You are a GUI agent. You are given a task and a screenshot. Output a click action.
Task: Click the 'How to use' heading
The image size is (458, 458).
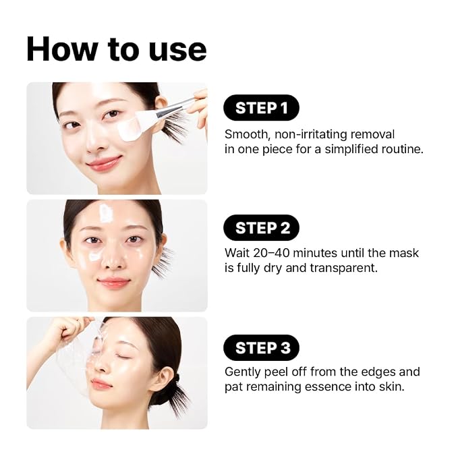tap(116, 50)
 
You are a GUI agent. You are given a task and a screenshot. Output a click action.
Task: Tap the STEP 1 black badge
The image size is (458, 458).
tap(261, 107)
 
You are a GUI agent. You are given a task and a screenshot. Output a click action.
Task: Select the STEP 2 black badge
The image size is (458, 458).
tap(261, 227)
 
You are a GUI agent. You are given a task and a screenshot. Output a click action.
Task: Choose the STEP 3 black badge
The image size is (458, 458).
tap(261, 347)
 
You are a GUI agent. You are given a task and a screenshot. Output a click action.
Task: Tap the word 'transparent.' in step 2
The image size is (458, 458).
tap(343, 268)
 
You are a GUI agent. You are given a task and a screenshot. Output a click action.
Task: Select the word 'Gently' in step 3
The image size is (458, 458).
tap(242, 372)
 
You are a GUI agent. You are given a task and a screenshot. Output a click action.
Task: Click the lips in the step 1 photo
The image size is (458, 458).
tap(105, 163)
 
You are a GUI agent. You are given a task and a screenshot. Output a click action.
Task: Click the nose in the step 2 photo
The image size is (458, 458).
tap(113, 260)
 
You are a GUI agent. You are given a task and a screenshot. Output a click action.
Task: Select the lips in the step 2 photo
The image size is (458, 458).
tap(113, 283)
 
